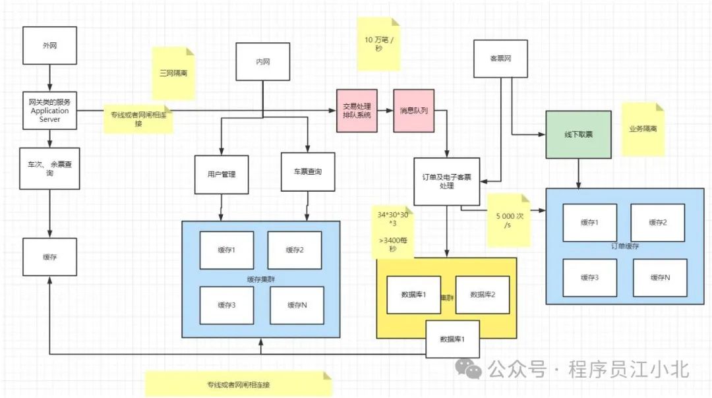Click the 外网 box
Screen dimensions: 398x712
click(49, 46)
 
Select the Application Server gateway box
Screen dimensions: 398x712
click(49, 111)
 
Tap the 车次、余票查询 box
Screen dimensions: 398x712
click(49, 168)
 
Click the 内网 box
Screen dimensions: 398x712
click(263, 61)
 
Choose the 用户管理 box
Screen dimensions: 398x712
click(221, 174)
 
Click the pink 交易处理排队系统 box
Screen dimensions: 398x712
click(357, 111)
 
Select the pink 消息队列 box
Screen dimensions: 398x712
click(413, 111)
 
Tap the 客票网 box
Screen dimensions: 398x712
click(500, 59)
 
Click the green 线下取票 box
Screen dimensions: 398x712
click(579, 134)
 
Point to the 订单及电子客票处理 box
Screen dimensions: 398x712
click(446, 181)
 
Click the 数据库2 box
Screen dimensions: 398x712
click(483, 294)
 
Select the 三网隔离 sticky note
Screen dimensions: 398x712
click(174, 72)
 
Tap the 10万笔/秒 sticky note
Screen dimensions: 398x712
click(378, 44)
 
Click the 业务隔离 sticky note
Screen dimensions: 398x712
click(643, 129)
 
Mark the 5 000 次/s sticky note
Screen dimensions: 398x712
click(508, 219)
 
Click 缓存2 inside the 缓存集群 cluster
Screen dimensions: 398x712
click(295, 250)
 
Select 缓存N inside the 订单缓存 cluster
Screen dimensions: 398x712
click(659, 277)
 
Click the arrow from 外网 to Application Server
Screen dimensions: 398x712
click(49, 79)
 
